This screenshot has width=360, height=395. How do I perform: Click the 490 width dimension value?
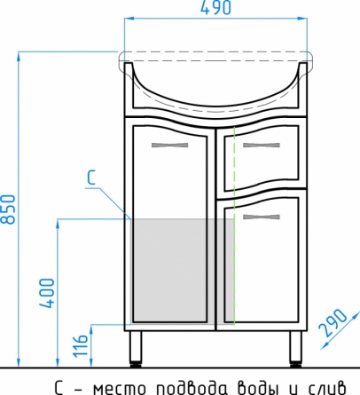(215, 8)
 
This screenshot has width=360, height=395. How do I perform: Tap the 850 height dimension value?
(8, 209)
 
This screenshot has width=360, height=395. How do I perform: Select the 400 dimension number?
(48, 293)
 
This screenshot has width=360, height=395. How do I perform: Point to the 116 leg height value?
(81, 345)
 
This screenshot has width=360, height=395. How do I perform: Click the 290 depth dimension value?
(333, 322)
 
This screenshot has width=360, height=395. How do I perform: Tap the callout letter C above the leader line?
(91, 178)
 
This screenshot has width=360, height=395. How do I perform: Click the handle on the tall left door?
(169, 145)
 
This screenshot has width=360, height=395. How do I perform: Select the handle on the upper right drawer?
(262, 145)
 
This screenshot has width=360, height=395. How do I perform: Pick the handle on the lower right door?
(262, 217)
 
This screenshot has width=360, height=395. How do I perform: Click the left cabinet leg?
(136, 349)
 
